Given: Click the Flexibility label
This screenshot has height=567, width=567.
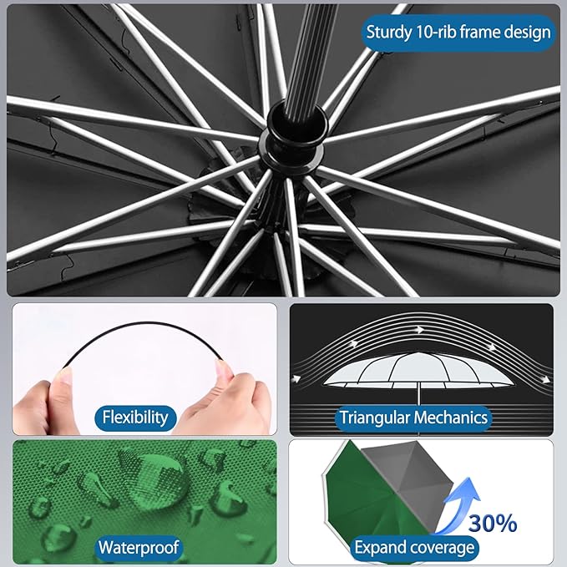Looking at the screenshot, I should (134, 417).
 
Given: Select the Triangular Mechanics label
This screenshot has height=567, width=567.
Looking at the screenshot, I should (413, 418).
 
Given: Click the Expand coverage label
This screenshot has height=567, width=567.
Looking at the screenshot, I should (414, 548).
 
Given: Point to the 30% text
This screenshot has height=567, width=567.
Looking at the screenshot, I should (492, 524).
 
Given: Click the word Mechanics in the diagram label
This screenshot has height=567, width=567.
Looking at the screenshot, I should (453, 418).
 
